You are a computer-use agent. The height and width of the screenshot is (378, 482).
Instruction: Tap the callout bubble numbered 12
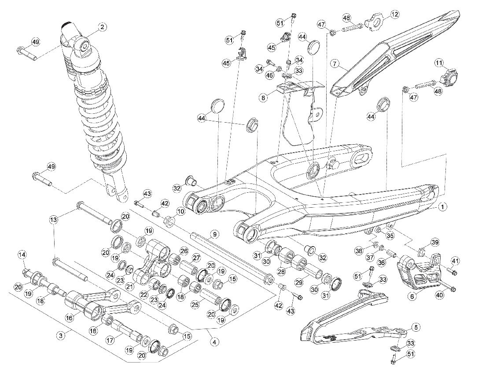pyautogui.click(x=395, y=14)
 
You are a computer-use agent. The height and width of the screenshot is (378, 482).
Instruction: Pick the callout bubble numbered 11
pyautogui.click(x=439, y=63)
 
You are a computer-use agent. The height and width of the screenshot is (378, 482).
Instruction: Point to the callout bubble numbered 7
pyautogui.click(x=335, y=64)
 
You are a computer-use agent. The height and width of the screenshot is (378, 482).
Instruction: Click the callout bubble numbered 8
pyautogui.click(x=263, y=97)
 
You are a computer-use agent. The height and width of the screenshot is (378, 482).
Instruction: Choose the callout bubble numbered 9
pyautogui.click(x=214, y=234)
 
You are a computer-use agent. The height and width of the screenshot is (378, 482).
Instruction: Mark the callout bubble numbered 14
pyautogui.click(x=22, y=255)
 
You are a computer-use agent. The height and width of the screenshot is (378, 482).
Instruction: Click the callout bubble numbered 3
pyautogui.click(x=62, y=336)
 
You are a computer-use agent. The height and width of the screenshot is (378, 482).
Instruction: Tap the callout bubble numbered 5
pyautogui.click(x=416, y=327)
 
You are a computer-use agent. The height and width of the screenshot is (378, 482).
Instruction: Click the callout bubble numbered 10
pyautogui.click(x=180, y=212)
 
